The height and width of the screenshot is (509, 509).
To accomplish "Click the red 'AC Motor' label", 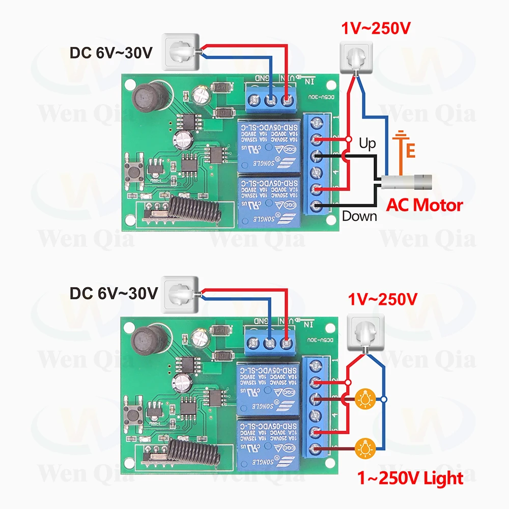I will point(425,205).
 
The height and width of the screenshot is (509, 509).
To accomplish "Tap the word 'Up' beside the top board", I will point(367,144).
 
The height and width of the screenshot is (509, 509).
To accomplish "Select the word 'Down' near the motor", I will point(359,216).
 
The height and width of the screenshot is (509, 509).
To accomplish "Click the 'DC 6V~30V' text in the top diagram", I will point(111,52).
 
